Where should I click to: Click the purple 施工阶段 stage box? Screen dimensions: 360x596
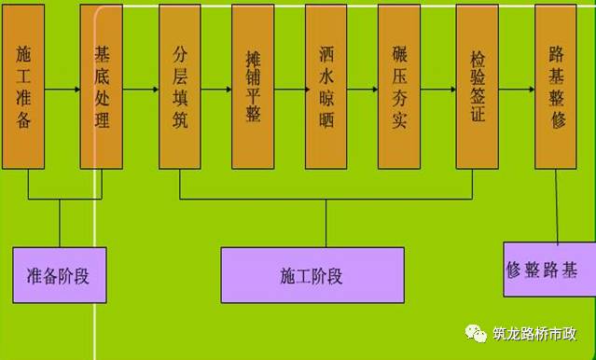pos(312,275)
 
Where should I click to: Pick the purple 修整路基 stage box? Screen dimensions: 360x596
pos(541,270)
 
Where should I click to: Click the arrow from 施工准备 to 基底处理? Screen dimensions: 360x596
pos(62,91)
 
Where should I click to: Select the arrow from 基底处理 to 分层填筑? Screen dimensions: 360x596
pos(141,91)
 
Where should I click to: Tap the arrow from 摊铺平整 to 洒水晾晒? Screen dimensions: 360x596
pos(289,91)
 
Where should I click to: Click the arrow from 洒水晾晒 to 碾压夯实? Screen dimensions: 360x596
pos(363,91)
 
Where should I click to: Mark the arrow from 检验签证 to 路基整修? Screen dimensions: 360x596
pos(517,91)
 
